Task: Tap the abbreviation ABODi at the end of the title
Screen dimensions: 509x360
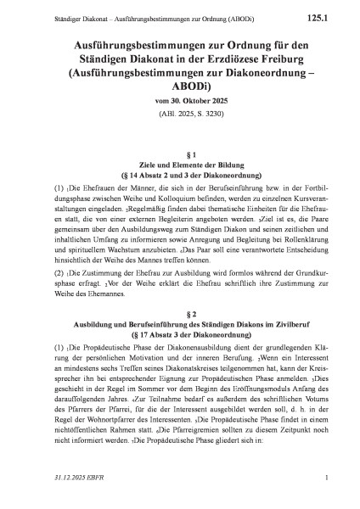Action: click(x=179, y=92)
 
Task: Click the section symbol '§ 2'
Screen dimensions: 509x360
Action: click(x=179, y=313)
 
